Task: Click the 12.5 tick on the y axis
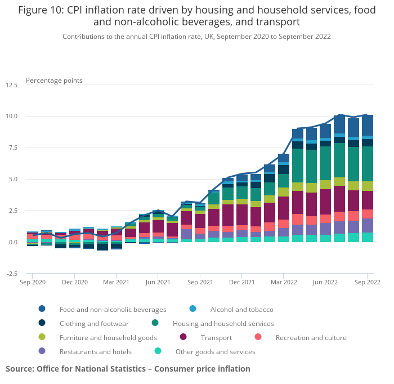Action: coord(11,84)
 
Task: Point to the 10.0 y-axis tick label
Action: coord(11,116)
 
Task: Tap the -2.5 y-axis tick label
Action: coord(11,274)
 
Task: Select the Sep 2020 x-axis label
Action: coord(33,282)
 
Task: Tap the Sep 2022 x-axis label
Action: coord(367,282)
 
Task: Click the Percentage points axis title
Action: coord(54,81)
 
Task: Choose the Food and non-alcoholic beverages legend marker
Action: coord(42,309)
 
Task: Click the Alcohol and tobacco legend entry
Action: coord(241,309)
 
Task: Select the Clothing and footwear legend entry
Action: coord(94,323)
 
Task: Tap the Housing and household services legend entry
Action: coord(223,323)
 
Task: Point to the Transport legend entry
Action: coord(216,337)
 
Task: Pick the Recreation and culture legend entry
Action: coord(311,337)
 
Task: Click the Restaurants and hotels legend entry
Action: coord(95,351)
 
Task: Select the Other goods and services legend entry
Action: coord(215,351)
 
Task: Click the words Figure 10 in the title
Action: coord(40,10)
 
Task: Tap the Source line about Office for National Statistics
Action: coord(128,369)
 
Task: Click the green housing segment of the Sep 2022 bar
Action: coord(367,163)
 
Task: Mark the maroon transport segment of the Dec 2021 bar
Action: coord(241,215)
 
